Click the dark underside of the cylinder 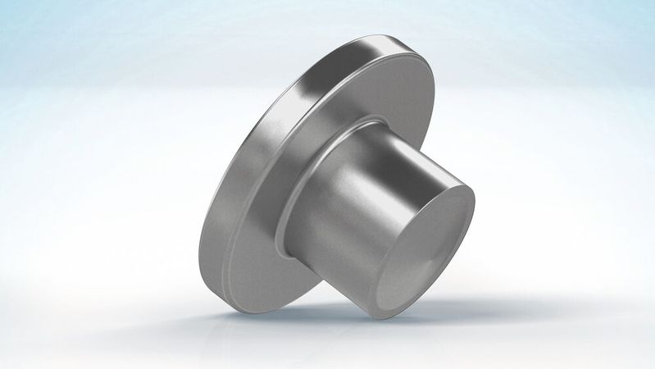pyautogui.click(x=344, y=279)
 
